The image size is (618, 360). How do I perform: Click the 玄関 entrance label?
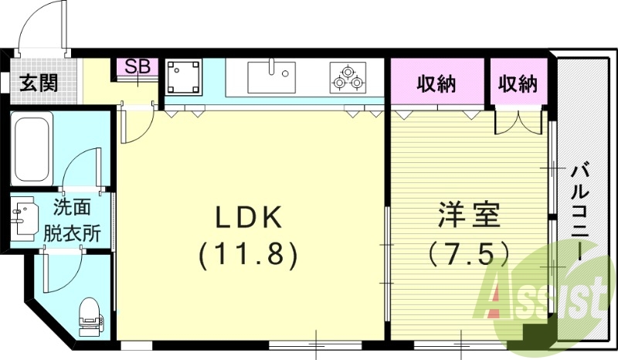pos(38,83)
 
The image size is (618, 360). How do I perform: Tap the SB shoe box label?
pos(137,67)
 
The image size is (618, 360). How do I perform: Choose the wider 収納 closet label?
pos(438,83)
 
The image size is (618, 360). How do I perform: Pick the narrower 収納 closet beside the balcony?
pos(517,83)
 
